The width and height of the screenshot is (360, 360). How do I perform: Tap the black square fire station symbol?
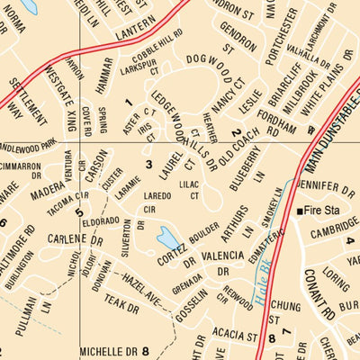(x=301, y=211)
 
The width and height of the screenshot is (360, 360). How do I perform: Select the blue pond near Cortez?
(x=167, y=238)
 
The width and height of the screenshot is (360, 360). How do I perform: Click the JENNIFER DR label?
(x=325, y=189)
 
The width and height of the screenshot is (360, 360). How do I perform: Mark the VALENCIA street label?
(x=224, y=256)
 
